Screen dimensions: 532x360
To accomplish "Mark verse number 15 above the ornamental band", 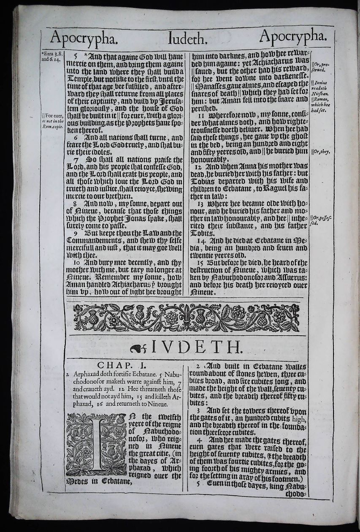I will coord(201,261).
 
